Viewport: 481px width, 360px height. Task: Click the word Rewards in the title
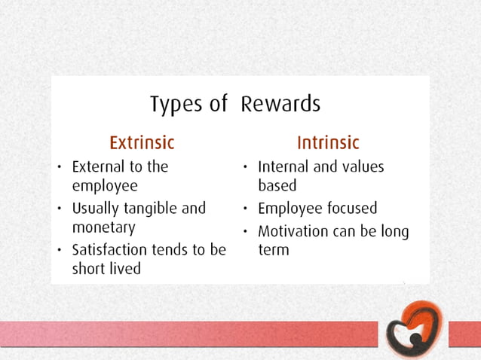(x=280, y=104)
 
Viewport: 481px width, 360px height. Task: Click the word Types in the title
(x=176, y=105)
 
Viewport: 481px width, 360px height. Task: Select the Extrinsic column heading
(x=142, y=142)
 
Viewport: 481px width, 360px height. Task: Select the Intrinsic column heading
(x=328, y=142)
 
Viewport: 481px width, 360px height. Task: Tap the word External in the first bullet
(x=99, y=166)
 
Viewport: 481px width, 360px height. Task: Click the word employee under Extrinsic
(x=105, y=186)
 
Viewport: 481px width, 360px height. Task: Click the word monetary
(x=104, y=227)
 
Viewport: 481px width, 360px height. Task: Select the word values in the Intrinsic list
(x=361, y=166)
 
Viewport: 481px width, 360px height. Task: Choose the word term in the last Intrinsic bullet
(x=274, y=250)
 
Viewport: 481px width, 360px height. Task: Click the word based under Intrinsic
(x=277, y=186)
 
